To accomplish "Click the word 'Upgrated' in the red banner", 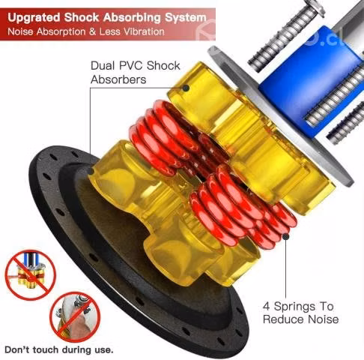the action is coord(34,18).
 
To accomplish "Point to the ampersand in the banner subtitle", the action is coord(92,31).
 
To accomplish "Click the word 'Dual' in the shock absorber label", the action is coord(103,66).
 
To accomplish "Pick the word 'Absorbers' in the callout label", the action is coord(118,79).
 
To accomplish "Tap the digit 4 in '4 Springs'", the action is coord(267,306).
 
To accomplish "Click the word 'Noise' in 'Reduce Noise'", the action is coord(324,319).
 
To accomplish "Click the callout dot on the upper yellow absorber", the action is coord(186,88).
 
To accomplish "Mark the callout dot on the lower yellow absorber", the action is coord(91,172).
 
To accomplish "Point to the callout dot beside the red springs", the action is coord(285,236).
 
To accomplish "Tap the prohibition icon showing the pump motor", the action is coord(30,275).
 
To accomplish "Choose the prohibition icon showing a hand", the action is coord(75,317).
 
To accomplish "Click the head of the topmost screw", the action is coord(316,7).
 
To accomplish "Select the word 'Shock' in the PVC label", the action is coord(163,66).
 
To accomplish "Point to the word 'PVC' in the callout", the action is coord(131,66).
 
